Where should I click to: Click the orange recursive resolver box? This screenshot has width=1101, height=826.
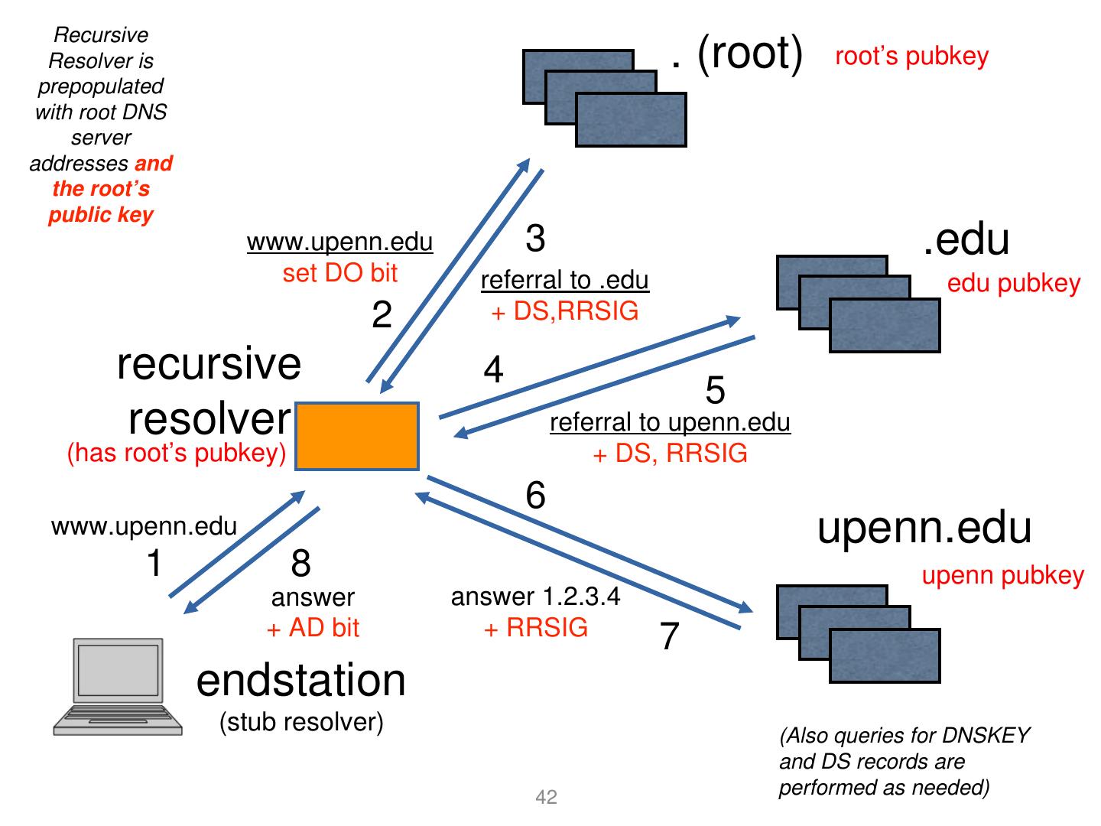(x=357, y=436)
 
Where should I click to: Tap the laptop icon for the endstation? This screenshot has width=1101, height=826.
(x=119, y=686)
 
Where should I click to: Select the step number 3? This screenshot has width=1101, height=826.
(x=535, y=238)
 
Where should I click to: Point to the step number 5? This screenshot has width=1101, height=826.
(x=715, y=391)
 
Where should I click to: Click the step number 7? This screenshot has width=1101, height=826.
(x=670, y=636)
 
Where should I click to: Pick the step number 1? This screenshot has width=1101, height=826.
(x=154, y=564)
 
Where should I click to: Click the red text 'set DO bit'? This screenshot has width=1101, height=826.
(x=340, y=273)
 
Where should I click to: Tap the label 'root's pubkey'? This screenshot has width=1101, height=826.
(x=911, y=56)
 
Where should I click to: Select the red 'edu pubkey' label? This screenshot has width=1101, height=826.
(x=1013, y=283)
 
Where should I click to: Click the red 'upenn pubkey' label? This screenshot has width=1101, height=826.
(x=1002, y=575)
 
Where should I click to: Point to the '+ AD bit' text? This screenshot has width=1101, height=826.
(x=313, y=628)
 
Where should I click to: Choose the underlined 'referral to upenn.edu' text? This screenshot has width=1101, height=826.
(x=670, y=422)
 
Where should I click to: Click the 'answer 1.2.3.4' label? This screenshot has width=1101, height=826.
(x=535, y=597)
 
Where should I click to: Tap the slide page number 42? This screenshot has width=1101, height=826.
(x=547, y=798)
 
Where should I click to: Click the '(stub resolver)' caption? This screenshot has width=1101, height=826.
(x=301, y=722)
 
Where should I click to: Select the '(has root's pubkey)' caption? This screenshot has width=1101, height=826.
(x=177, y=453)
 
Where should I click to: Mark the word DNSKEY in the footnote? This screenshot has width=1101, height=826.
(x=986, y=736)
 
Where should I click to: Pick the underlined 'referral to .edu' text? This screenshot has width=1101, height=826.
(x=564, y=280)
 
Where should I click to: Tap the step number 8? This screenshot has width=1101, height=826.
(x=300, y=564)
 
